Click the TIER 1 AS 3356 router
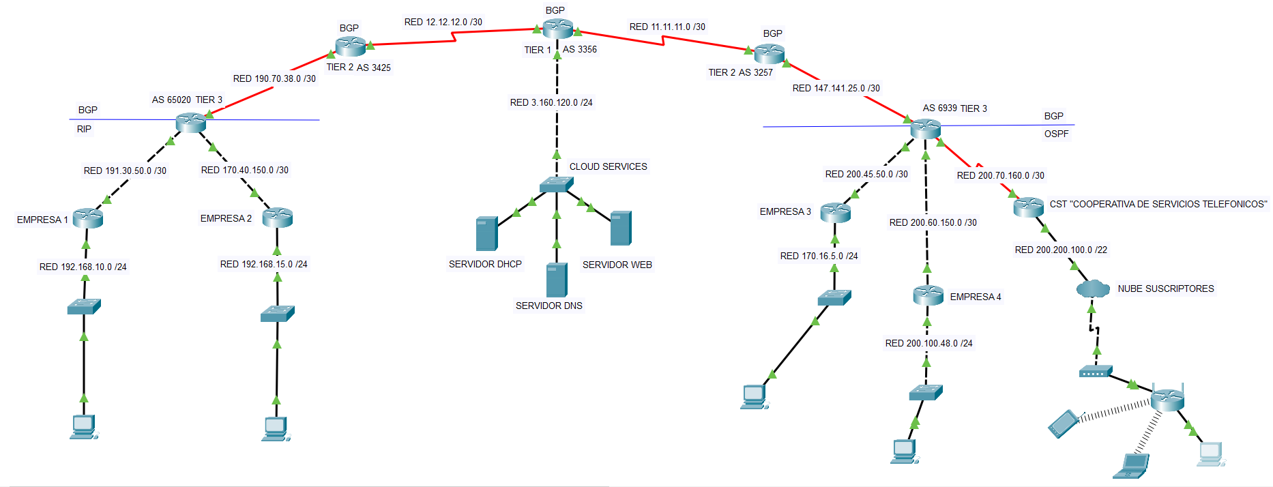[558, 28]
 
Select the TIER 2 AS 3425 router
[351, 46]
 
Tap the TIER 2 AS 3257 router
[770, 53]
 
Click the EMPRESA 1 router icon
[87, 218]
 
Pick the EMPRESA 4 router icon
[928, 295]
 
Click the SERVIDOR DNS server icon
[557, 280]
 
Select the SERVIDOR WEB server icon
[621, 228]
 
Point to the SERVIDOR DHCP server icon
[486, 233]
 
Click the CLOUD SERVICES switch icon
[556, 184]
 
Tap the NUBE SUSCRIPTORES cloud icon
[1093, 289]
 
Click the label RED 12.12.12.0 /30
[443, 22]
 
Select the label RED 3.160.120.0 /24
[551, 102]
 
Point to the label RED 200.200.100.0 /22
[1061, 250]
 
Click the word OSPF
[1056, 134]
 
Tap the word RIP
[84, 129]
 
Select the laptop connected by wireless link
[1132, 465]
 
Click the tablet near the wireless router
[1062, 424]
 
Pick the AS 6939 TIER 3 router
[925, 128]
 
